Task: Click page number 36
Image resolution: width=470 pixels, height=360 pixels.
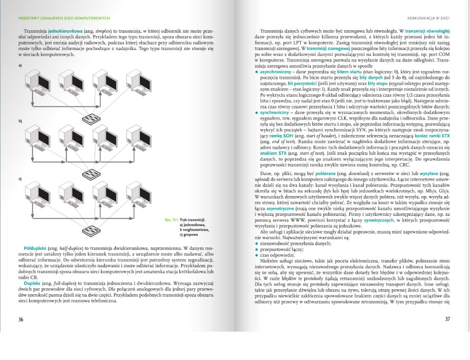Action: [21, 319]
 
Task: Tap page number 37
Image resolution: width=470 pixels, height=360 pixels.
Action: [447, 319]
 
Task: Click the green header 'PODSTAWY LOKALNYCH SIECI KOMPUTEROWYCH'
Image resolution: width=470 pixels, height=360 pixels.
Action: [64, 18]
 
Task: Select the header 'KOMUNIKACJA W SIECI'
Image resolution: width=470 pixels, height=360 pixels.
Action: [429, 18]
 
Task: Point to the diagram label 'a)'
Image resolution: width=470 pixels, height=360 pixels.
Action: [21, 65]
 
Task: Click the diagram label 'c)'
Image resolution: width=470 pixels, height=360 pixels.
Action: [21, 179]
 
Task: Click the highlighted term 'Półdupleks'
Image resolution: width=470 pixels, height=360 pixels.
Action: [29, 248]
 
